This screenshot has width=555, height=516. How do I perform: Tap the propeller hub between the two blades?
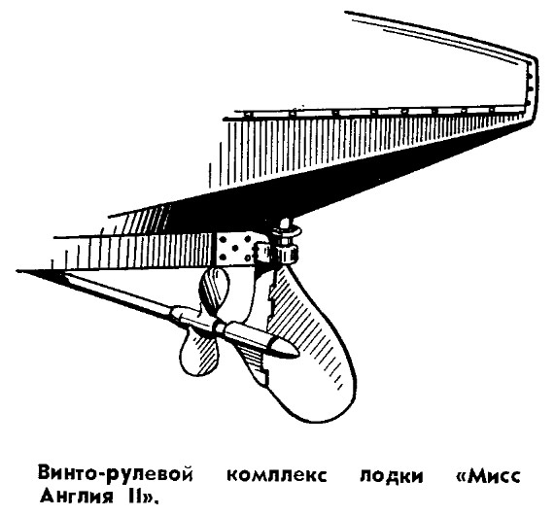[219, 327]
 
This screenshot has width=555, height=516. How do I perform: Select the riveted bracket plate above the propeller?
[234, 249]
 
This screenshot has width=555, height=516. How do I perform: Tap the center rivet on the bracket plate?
[235, 249]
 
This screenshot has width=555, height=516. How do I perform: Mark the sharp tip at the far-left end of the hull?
[17, 271]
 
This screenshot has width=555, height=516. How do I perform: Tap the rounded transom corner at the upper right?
[534, 60]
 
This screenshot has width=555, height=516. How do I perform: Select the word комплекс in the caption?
[276, 477]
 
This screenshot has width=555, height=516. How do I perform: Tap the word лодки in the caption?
[391, 476]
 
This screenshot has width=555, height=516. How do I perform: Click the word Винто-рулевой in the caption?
[116, 475]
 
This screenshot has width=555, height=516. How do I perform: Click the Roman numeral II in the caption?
[126, 496]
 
